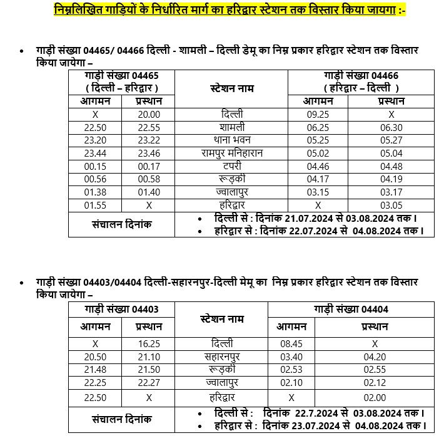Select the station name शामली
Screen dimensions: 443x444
click(231, 127)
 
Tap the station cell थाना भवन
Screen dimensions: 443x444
click(231, 140)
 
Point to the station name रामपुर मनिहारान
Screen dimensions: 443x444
click(231, 153)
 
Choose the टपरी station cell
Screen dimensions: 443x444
click(231, 166)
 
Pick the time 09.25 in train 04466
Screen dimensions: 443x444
click(318, 115)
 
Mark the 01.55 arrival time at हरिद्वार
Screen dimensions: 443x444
click(95, 205)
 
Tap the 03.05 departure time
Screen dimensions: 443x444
click(391, 205)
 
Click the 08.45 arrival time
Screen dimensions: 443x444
click(291, 343)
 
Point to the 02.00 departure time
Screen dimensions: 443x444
click(375, 397)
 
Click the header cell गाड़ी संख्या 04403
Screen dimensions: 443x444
click(122, 309)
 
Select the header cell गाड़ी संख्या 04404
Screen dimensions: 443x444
click(351, 309)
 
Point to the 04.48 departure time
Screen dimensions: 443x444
click(391, 166)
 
